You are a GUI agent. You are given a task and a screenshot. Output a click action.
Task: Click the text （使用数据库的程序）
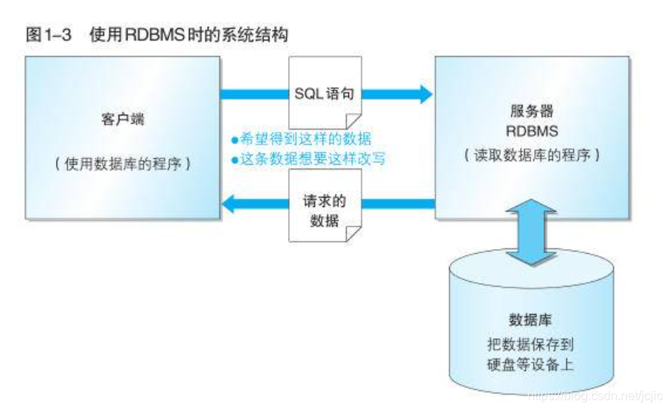(x=122, y=165)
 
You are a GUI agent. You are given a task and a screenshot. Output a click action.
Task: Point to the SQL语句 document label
(x=325, y=93)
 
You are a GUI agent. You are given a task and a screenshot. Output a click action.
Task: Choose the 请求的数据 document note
(x=324, y=210)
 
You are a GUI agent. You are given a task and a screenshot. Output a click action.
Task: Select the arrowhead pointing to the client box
(x=230, y=205)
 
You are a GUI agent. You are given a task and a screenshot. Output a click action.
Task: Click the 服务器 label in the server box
(x=532, y=111)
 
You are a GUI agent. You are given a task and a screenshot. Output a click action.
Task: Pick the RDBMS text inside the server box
(x=532, y=132)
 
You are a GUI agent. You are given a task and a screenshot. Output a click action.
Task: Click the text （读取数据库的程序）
(x=532, y=155)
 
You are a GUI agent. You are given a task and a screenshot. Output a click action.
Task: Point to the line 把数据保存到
(x=531, y=343)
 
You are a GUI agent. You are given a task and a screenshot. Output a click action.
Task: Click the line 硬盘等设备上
(x=531, y=362)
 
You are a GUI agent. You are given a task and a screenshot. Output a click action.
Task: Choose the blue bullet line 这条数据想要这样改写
(x=309, y=159)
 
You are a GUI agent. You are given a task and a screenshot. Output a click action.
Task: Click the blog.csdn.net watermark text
(x=594, y=398)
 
